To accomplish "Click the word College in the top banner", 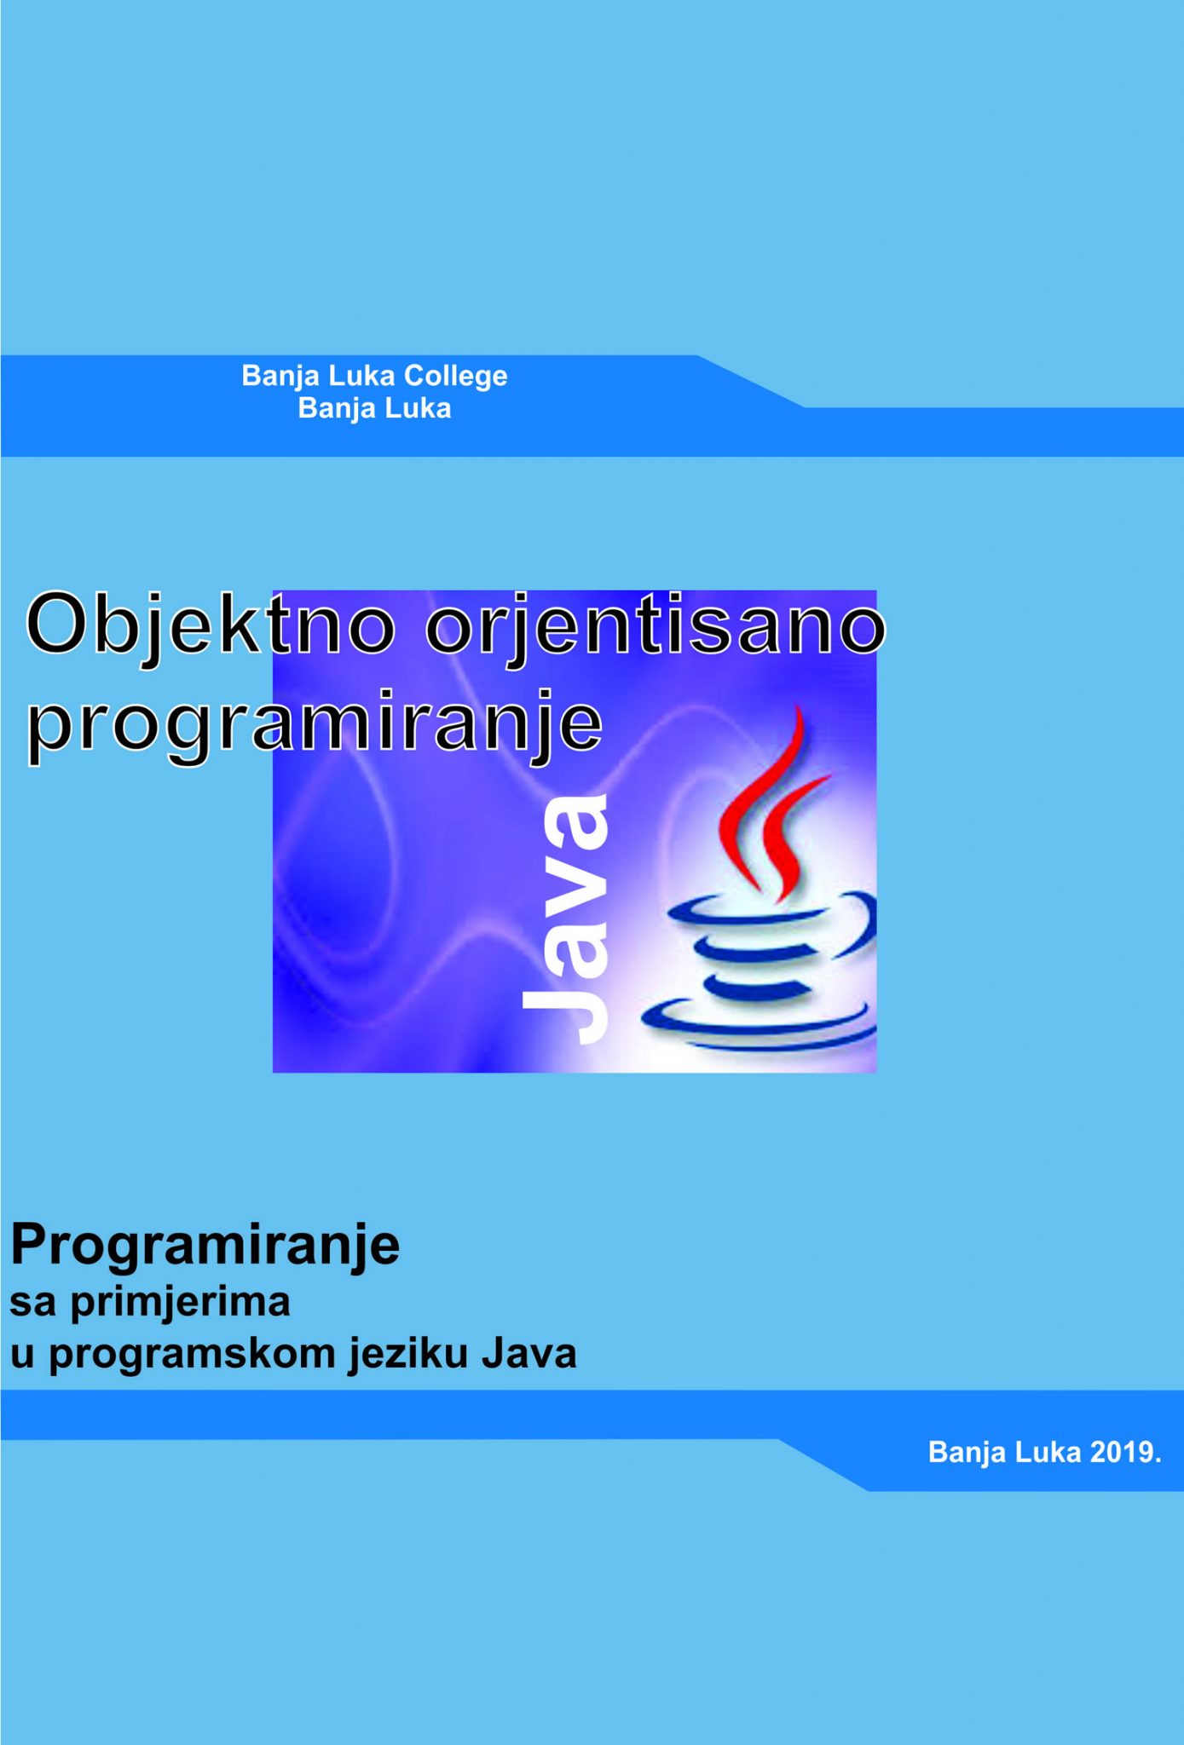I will (x=455, y=376).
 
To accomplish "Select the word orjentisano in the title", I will (x=655, y=627).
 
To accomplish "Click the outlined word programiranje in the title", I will (x=315, y=727).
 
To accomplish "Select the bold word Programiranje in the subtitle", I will (x=205, y=1245).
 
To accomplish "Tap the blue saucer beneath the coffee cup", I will (x=759, y=1022).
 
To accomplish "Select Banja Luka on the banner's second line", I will (x=374, y=409).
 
